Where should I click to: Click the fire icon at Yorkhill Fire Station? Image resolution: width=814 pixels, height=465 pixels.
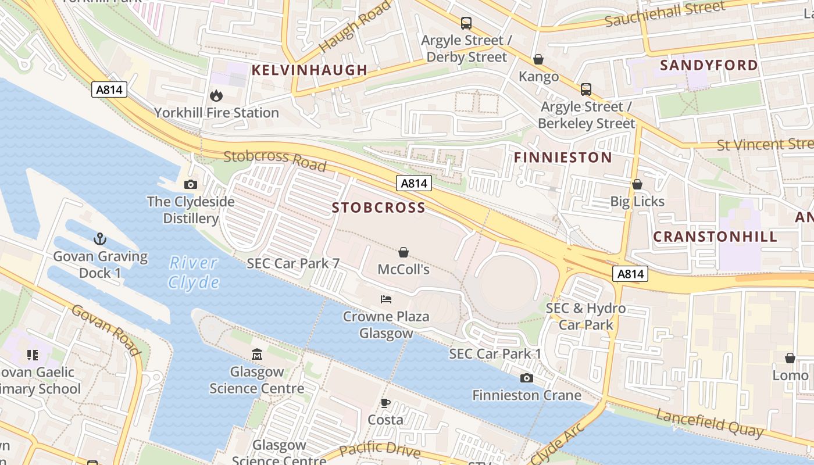[x=216, y=95]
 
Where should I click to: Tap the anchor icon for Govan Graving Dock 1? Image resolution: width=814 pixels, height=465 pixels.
[x=100, y=239]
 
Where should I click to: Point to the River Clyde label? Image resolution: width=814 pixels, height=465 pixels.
[x=194, y=273]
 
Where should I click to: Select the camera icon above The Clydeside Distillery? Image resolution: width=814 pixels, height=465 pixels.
[x=190, y=185]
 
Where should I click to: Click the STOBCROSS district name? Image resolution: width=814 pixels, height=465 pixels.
[x=379, y=208]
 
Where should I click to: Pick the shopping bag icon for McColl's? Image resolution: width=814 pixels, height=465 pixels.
[x=404, y=252]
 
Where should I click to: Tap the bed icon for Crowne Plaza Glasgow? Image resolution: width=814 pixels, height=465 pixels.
[x=386, y=299]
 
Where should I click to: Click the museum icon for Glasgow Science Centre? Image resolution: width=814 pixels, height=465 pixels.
[x=257, y=354]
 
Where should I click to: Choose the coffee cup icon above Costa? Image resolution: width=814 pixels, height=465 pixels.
[x=385, y=402]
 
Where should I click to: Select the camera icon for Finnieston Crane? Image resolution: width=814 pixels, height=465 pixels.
[x=526, y=378]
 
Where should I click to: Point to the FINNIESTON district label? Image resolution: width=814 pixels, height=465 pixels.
[x=563, y=158]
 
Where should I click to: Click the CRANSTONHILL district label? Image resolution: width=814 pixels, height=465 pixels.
[x=715, y=237]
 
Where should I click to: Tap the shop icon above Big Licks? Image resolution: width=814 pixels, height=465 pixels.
[x=637, y=184]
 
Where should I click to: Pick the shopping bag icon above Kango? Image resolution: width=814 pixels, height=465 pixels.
[x=538, y=59]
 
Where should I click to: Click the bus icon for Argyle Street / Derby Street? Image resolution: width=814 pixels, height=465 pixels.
[x=466, y=23]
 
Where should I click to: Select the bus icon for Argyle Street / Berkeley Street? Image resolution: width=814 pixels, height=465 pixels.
[x=586, y=90]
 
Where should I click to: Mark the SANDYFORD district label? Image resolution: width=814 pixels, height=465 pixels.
[x=709, y=65]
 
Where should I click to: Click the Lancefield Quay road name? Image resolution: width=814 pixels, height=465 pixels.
[x=709, y=423]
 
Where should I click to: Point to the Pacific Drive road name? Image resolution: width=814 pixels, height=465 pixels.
[x=380, y=449]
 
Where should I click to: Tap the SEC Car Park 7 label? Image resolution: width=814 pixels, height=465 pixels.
[x=293, y=263]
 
